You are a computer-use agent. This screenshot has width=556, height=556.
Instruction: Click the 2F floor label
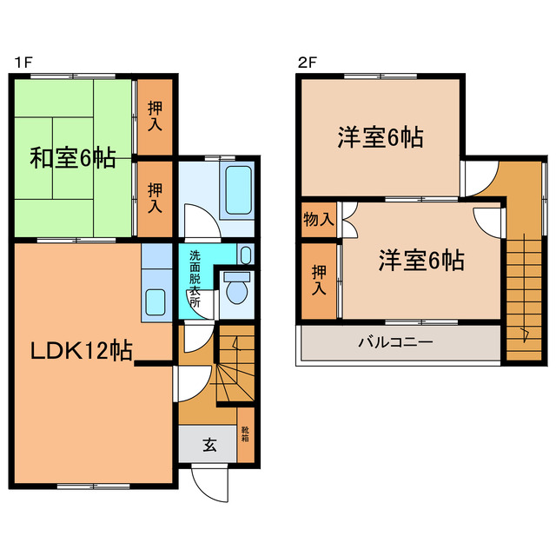[x=305, y=63]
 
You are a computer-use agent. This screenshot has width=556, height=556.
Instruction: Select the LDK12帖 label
[x=82, y=351]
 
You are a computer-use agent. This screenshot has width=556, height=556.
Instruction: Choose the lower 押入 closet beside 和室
[x=155, y=199]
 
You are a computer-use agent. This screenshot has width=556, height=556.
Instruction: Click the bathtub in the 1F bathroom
[x=237, y=191]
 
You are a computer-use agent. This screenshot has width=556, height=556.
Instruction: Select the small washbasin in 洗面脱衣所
[x=246, y=255]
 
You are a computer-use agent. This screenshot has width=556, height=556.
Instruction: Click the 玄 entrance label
[x=209, y=446]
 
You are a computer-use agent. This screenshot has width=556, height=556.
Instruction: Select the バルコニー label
[x=395, y=342]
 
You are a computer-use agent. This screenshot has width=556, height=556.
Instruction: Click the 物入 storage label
[x=319, y=219]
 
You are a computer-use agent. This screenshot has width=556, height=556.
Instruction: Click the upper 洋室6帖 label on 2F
[x=381, y=137]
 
